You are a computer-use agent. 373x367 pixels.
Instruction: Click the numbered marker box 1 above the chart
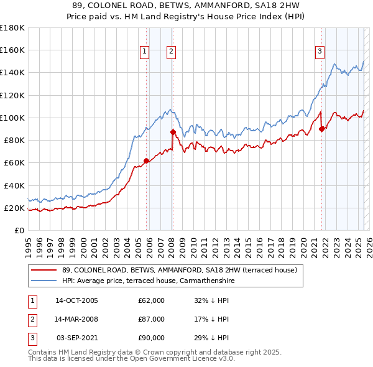(144, 52)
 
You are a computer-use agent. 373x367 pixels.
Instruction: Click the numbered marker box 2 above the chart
(170, 52)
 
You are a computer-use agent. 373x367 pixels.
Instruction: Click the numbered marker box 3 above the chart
(320, 52)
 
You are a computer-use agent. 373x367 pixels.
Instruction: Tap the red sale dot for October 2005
(147, 160)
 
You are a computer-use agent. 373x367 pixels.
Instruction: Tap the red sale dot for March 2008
(173, 132)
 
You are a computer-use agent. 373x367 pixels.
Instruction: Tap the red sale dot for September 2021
(322, 129)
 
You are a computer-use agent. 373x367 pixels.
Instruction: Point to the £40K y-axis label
(14, 185)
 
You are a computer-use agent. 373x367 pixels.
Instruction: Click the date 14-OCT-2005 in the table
(76, 300)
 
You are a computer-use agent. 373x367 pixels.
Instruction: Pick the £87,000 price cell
(152, 319)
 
